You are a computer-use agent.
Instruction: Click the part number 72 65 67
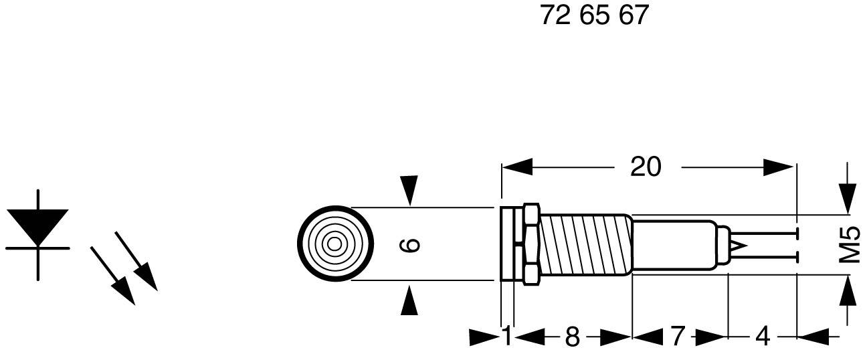coord(594,15)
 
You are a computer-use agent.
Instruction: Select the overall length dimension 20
coord(645,167)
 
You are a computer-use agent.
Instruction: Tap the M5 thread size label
coord(849,244)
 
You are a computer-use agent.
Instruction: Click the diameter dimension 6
coord(409,245)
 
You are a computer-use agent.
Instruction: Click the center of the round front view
coord(332,244)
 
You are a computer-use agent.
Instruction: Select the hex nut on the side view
coord(531,244)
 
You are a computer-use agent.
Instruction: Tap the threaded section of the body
coord(583,244)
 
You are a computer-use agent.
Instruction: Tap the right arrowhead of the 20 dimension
coord(779,167)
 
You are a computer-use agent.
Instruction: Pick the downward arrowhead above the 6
coord(409,190)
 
